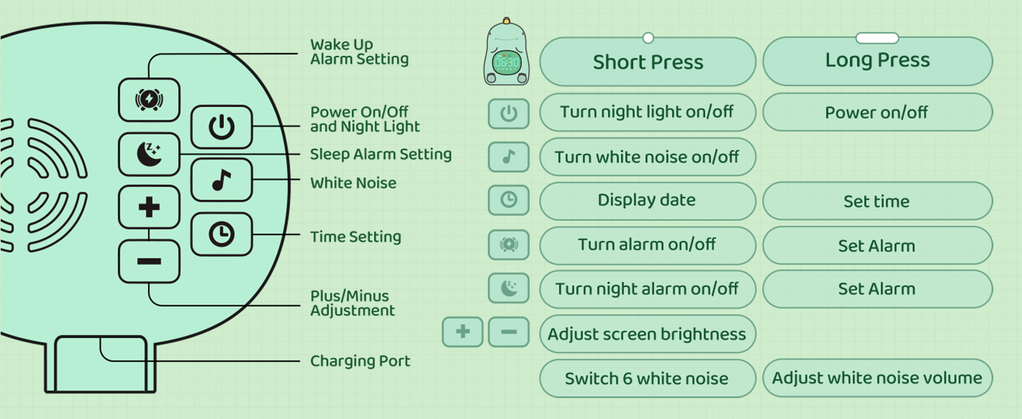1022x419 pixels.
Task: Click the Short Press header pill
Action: (x=647, y=62)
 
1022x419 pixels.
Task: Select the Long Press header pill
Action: (x=877, y=61)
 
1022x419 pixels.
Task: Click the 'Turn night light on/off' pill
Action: (x=647, y=112)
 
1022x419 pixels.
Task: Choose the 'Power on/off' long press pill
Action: (x=877, y=112)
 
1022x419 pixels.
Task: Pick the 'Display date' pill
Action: (x=647, y=200)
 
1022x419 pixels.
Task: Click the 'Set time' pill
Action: (x=877, y=201)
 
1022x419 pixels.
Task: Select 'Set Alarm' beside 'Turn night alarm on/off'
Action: (x=877, y=289)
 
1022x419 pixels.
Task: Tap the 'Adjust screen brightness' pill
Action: (x=647, y=334)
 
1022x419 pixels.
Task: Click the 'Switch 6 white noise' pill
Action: (x=647, y=378)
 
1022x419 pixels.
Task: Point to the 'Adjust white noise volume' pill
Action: (x=877, y=378)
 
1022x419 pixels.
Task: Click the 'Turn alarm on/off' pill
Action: (x=647, y=245)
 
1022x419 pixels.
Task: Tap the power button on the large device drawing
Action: (x=221, y=127)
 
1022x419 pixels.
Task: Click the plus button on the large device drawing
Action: (x=149, y=207)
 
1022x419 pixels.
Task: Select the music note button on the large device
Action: (x=221, y=181)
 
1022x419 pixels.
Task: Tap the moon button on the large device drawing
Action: (x=149, y=154)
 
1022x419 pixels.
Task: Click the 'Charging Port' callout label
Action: (x=360, y=361)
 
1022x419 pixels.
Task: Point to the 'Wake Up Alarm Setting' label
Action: (x=360, y=52)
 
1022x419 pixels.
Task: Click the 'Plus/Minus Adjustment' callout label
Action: (x=353, y=303)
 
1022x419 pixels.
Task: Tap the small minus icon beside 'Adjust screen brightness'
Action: (x=508, y=332)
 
